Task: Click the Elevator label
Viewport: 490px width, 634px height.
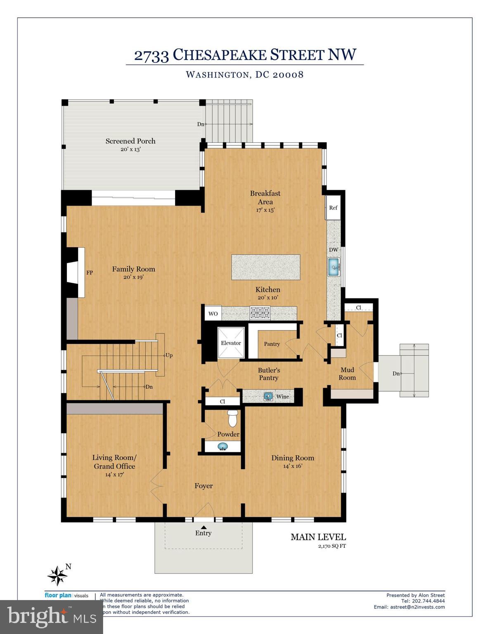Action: tap(231, 343)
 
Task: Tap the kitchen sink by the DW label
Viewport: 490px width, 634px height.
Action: tap(334, 267)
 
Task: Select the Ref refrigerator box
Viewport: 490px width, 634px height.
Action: tap(333, 208)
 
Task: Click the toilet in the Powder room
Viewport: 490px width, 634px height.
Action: tap(233, 418)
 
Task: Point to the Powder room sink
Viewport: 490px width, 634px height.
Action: tap(223, 447)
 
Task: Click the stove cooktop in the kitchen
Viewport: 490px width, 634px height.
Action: tap(260, 312)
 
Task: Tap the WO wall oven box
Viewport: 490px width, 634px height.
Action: tap(213, 314)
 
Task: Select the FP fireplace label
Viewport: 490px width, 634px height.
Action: tap(90, 272)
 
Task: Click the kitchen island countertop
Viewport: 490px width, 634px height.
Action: tap(265, 267)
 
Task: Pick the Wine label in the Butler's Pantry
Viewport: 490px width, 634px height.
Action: tap(282, 397)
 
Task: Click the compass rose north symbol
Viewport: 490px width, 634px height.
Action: tap(58, 575)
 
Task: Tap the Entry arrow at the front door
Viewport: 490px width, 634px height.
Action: tap(203, 527)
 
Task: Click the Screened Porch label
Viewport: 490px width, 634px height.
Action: tap(130, 141)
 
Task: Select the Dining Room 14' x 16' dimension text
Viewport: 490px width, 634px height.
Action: tap(292, 466)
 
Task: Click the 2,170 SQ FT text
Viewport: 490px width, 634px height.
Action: tap(332, 546)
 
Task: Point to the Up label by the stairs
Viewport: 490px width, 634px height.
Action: tap(169, 355)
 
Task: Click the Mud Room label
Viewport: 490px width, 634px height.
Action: tap(347, 374)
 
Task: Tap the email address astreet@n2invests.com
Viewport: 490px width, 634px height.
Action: tap(417, 607)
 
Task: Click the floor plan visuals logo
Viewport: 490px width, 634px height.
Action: tap(66, 595)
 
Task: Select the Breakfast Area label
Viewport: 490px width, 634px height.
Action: tap(265, 197)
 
